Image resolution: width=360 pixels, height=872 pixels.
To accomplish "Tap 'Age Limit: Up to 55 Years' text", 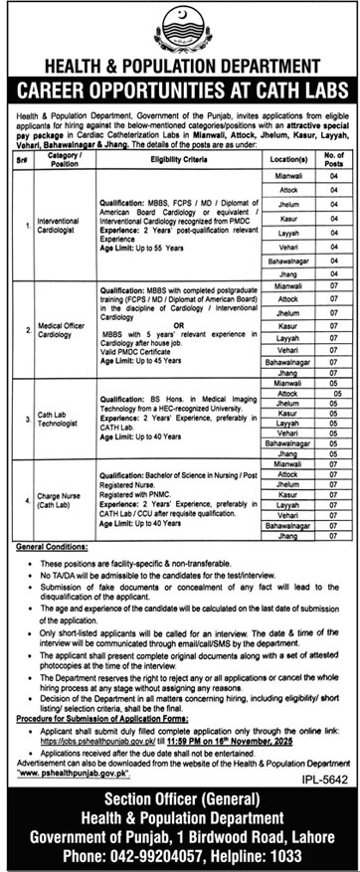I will (x=140, y=243).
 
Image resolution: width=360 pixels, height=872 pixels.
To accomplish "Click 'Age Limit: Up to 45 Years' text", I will (x=140, y=360).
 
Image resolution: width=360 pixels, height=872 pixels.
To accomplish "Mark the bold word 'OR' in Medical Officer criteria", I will (x=170, y=320).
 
